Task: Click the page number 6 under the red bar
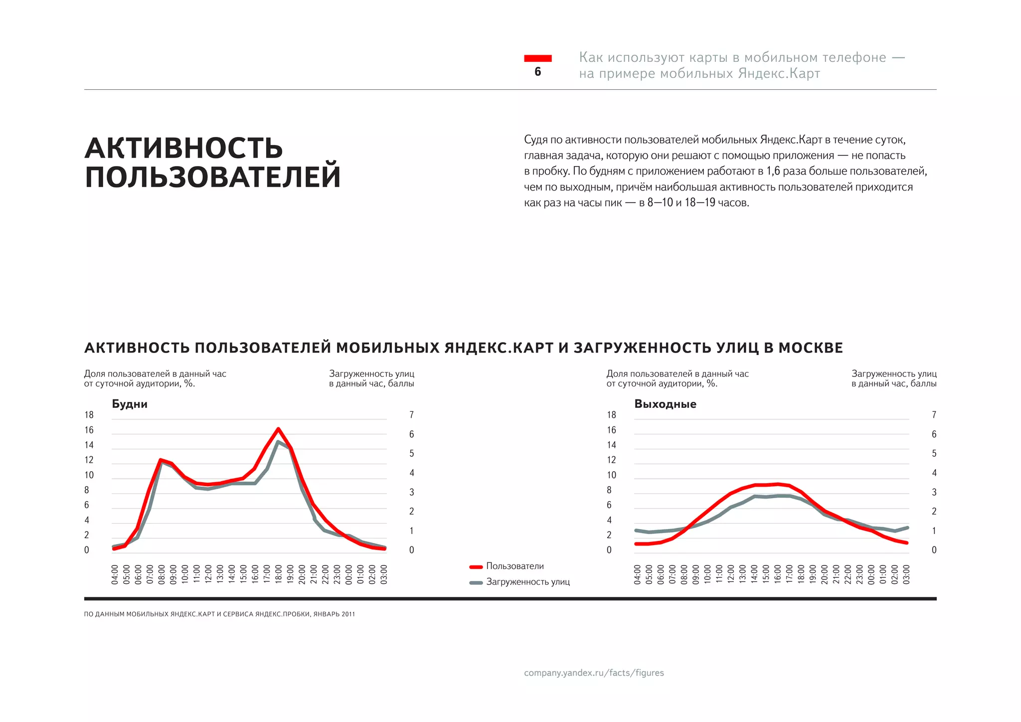pos(537,72)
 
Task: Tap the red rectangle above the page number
pos(537,58)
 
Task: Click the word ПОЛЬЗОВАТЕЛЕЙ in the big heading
pos(213,177)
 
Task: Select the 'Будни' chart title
pos(130,404)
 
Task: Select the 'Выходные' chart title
pos(665,404)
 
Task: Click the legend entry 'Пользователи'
pos(514,566)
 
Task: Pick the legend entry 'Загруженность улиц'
pos(527,582)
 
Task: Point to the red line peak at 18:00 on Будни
pos(278,429)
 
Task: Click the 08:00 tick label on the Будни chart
pos(162,574)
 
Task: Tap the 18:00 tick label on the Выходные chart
pos(801,574)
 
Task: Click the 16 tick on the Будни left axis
pos(89,430)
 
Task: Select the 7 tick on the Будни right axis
pos(411,415)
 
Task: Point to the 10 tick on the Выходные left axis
pos(611,475)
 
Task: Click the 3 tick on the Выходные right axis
pos(934,492)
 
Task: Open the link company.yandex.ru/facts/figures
pos(594,673)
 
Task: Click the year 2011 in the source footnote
pos(348,614)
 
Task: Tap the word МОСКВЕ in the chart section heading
pos(811,348)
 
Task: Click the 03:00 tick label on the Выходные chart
pos(906,574)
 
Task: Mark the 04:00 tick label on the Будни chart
pos(115,574)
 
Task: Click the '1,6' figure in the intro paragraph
pos(773,171)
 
